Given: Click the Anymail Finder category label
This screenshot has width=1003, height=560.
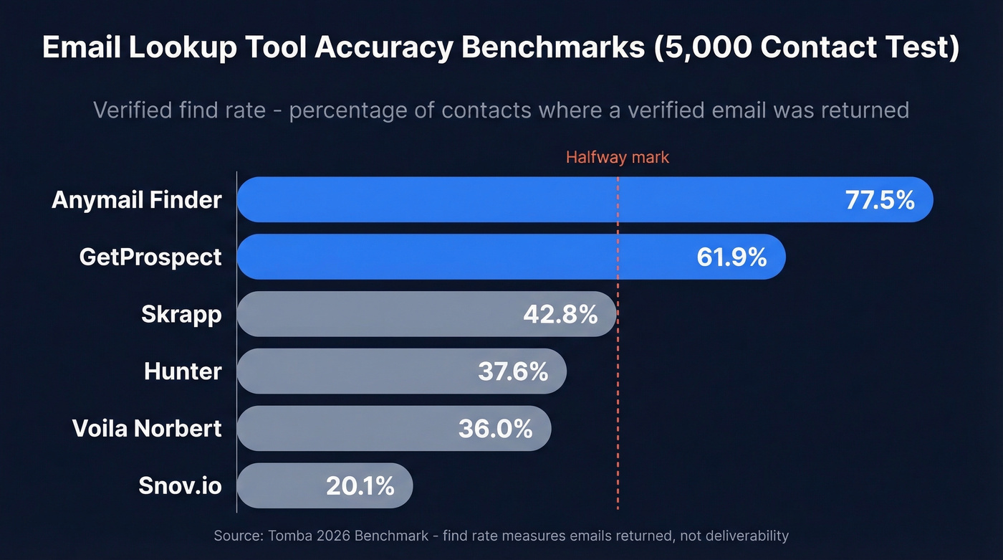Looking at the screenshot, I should click(136, 200).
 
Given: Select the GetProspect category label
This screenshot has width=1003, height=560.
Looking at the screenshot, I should click(150, 257).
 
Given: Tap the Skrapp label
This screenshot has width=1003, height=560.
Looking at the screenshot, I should click(181, 314).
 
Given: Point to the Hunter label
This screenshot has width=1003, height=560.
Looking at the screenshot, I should click(183, 371).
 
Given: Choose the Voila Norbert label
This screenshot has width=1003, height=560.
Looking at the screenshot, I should click(147, 429).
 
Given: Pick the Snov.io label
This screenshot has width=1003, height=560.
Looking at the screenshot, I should click(180, 486).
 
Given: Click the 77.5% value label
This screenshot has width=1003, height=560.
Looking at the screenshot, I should click(880, 200).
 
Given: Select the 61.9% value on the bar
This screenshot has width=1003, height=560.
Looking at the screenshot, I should click(731, 257).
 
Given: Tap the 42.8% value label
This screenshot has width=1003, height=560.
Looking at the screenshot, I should click(560, 314).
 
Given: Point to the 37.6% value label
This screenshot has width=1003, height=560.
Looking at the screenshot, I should click(513, 371).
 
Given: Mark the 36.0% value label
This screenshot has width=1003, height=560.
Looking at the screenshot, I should click(496, 429).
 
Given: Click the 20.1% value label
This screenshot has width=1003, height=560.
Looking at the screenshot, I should click(360, 486).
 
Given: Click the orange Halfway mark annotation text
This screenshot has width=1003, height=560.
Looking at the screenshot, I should click(617, 158).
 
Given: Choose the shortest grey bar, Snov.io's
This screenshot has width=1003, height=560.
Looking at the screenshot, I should click(287, 486).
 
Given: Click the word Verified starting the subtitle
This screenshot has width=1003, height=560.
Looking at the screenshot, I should click(134, 110).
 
